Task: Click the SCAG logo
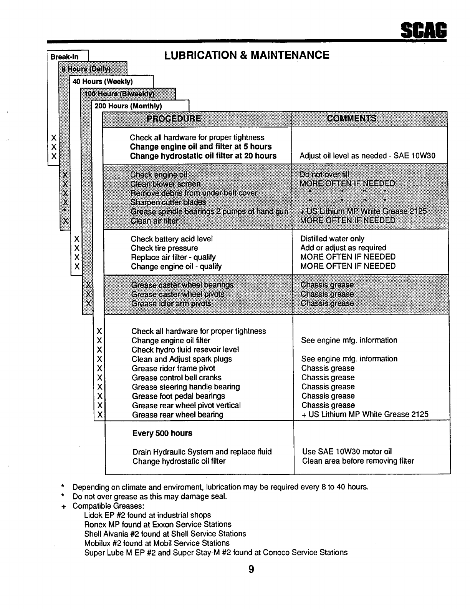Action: coord(424,30)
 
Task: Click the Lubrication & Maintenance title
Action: coord(247,55)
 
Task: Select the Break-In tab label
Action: coord(65,57)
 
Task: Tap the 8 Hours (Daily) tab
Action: coord(86,69)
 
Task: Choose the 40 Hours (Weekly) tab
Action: coord(103,82)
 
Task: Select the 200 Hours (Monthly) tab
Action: coord(128,106)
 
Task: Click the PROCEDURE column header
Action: coord(174,118)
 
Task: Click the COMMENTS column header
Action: coord(351,118)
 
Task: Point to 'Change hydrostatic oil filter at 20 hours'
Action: coord(203,156)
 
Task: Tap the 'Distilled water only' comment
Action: coord(332,239)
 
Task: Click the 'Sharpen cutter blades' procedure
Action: coord(168,202)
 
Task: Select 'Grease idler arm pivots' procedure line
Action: coord(171,304)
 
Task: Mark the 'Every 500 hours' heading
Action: coord(162,433)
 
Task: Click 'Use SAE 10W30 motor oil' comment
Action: coord(347,452)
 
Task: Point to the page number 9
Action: coord(251,569)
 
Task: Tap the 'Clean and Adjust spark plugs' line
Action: coord(182,359)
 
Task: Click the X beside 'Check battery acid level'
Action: coord(77,239)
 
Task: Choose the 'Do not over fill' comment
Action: coord(324,175)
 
